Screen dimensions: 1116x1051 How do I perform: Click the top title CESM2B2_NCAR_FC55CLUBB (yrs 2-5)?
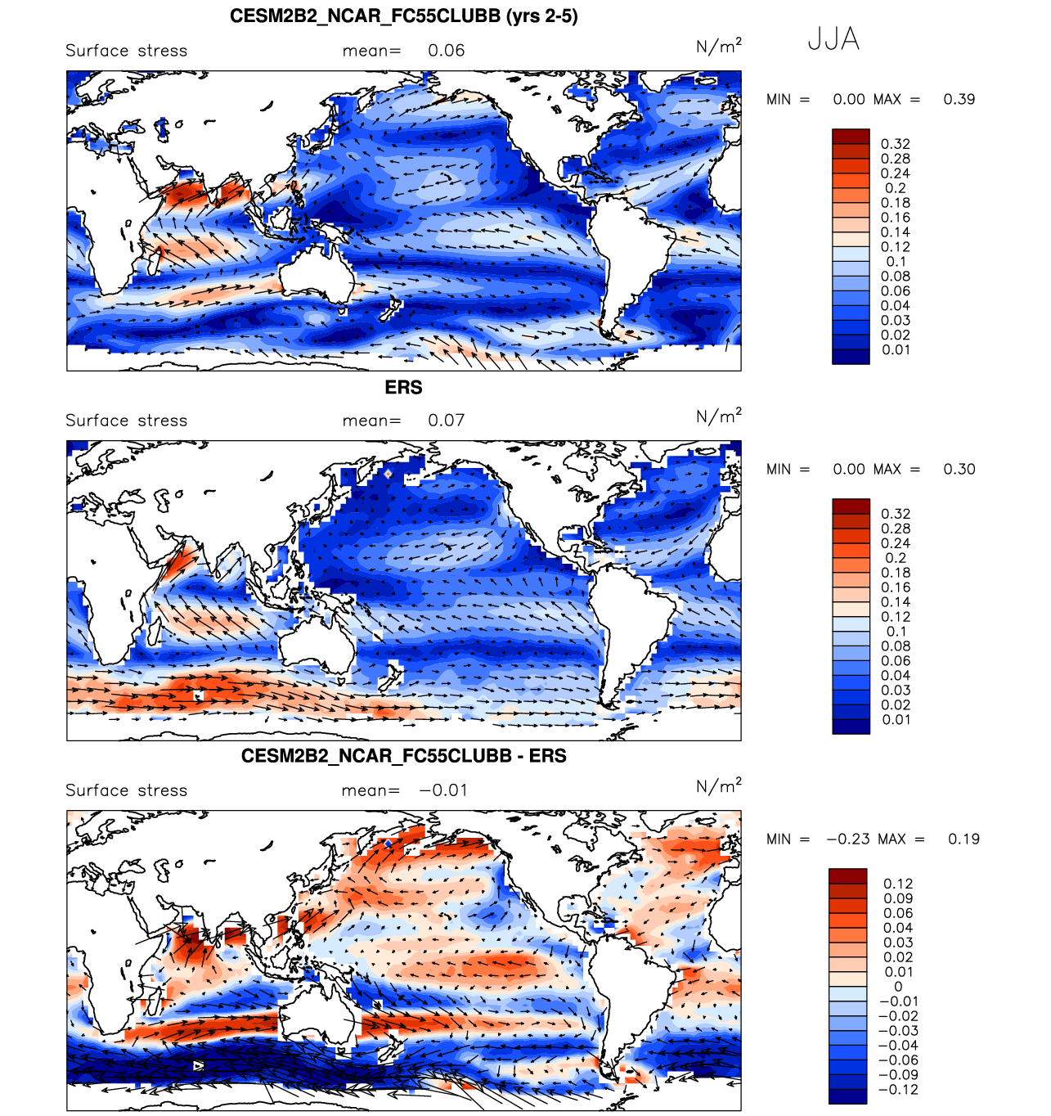403,16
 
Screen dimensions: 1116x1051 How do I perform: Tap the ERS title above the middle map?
403,387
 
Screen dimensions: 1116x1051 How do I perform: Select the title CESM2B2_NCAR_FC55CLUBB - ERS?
403,756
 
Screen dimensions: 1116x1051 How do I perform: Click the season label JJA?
833,39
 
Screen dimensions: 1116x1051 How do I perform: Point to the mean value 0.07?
446,421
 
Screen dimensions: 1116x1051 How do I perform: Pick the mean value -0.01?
443,790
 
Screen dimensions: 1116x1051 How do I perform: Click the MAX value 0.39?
959,99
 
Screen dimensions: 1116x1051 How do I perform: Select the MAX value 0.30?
959,469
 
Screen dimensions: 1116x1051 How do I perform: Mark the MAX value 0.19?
963,839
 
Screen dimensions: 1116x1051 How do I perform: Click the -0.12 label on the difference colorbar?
898,1090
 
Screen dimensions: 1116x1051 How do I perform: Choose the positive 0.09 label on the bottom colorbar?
898,898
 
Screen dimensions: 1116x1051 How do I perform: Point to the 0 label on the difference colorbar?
898,987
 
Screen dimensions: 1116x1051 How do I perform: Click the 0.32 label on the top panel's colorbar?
896,144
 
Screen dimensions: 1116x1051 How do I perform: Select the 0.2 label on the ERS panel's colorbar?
896,558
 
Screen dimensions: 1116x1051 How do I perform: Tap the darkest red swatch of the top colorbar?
851,137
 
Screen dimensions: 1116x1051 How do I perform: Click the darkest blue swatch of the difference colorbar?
847,1096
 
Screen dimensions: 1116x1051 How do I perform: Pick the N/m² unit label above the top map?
718,46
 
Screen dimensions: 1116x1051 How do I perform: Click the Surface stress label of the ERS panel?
127,421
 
